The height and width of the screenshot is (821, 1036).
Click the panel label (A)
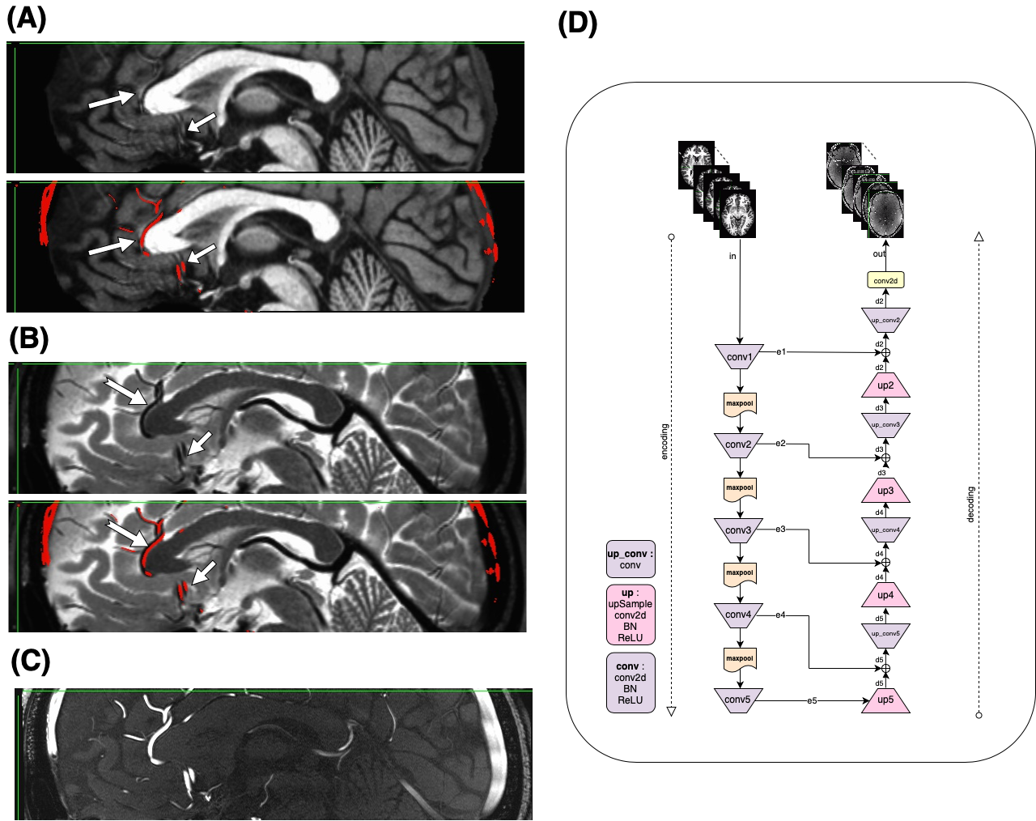pos(27,18)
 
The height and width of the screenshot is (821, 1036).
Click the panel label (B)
pos(29,338)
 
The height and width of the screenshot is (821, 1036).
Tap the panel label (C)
pos(31,662)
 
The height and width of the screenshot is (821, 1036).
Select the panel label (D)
pos(578,23)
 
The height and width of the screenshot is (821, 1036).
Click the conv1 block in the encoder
pos(739,357)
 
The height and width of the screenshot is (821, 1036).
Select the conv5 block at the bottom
pos(737,700)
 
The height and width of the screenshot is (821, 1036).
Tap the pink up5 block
pos(885,700)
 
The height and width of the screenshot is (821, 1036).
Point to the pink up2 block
pos(885,385)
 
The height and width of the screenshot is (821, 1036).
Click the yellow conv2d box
pos(885,281)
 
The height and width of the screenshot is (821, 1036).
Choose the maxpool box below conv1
pos(740,403)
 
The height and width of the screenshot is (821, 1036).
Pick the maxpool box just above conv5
pos(740,658)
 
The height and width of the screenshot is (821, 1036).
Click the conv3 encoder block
pos(738,530)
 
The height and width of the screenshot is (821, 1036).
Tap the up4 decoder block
pos(885,595)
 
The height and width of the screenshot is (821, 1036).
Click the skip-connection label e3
pos(780,530)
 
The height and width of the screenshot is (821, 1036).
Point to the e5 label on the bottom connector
pos(811,700)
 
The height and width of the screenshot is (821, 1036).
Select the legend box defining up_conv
pos(631,559)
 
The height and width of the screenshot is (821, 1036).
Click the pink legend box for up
pos(631,615)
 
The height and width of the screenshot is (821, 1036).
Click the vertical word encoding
pos(665,441)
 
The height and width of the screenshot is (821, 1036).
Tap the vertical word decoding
pos(971,504)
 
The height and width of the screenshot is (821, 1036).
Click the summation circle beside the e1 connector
pos(885,353)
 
